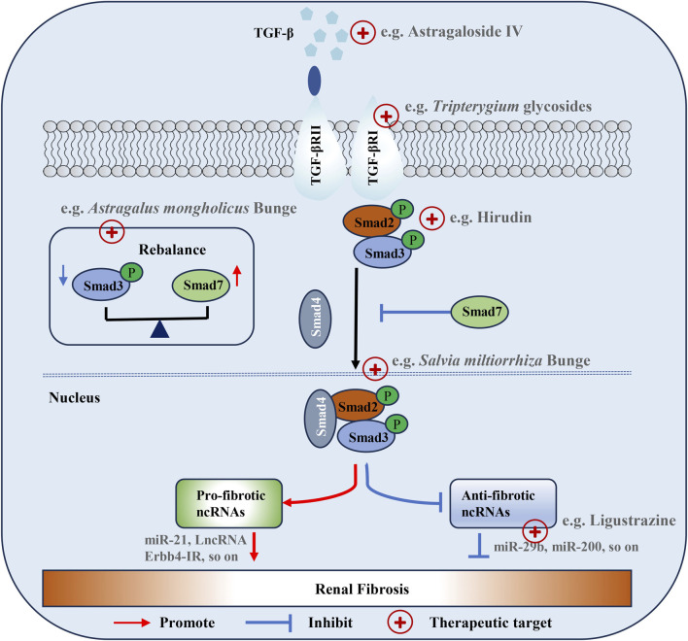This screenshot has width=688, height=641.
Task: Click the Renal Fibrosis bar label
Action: pos(362,589)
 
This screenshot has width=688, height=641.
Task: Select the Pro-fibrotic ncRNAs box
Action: pos(229,503)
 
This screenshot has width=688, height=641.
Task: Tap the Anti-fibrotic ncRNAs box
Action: pos(503,503)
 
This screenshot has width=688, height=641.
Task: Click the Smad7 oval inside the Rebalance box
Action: pos(200,285)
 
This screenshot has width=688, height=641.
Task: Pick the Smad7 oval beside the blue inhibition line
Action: pos(480,312)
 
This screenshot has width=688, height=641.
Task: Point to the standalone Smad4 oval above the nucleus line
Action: pos(316,319)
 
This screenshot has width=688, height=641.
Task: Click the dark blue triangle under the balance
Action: pos(159,329)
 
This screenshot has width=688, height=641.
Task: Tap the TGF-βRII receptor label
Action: pos(316,154)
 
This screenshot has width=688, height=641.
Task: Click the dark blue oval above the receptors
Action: pos(314,81)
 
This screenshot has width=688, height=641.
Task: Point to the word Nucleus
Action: pos(75,397)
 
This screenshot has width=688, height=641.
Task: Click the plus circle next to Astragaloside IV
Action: pos(362,32)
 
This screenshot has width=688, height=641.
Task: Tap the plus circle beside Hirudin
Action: pos(431,219)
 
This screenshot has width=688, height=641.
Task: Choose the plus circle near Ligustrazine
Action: pos(534,531)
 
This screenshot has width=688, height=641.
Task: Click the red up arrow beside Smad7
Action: pos(237,276)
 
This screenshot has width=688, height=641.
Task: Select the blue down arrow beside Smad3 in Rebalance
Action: pos(63,275)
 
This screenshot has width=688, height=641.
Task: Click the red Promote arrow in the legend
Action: pos(131,623)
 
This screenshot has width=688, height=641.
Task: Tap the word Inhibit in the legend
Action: pos(330,623)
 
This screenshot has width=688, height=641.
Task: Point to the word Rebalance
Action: pos(172,250)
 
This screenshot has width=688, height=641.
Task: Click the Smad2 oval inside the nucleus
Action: pos(358,406)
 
